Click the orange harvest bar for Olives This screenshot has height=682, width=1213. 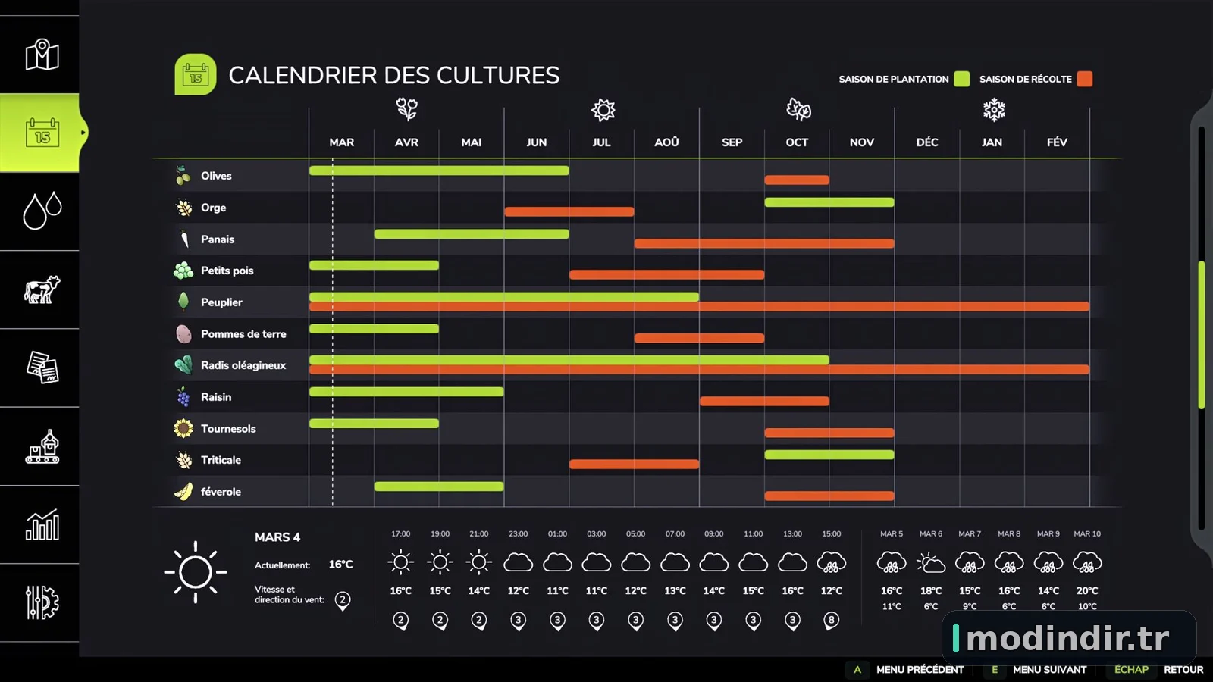tap(797, 180)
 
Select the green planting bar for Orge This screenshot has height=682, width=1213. tap(829, 202)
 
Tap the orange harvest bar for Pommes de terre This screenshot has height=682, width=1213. tap(699, 338)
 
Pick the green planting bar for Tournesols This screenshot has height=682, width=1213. tap(375, 424)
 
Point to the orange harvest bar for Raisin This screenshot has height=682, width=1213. tap(764, 401)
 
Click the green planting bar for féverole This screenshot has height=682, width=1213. tap(439, 486)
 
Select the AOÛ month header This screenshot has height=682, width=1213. tap(666, 142)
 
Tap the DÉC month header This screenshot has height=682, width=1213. tap(927, 142)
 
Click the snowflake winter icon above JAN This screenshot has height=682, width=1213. tap(994, 110)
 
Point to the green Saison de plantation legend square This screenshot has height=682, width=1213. tap(962, 79)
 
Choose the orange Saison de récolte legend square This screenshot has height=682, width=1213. tap(1085, 79)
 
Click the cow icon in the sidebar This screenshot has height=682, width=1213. tap(42, 289)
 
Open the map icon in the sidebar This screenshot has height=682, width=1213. tap(42, 55)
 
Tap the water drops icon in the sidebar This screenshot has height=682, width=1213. tap(42, 211)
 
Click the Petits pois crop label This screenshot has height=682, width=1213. tap(227, 271)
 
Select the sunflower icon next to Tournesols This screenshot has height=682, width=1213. tap(183, 428)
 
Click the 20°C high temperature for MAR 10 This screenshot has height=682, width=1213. tap(1087, 590)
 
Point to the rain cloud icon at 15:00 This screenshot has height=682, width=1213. tap(831, 562)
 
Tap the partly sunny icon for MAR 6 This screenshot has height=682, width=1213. tap(931, 562)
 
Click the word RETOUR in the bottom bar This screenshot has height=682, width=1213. tap(1183, 670)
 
